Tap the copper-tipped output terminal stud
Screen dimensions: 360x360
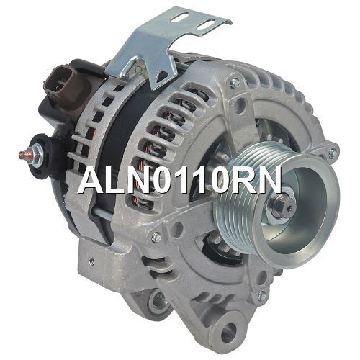(x=23, y=154)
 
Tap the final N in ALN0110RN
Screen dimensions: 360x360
(x=269, y=180)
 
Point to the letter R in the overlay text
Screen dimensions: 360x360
(x=242, y=180)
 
